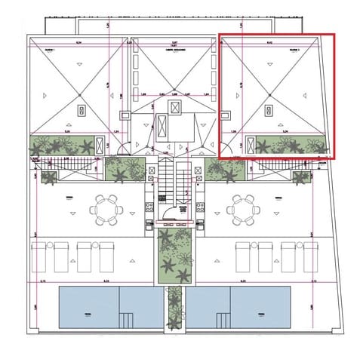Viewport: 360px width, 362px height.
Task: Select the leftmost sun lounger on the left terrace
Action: coord(39,256)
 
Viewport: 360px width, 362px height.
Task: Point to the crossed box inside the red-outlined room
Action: coord(269,110)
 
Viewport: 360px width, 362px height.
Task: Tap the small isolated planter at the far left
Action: coord(49,178)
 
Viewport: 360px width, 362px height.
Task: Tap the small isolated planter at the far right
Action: coord(302,178)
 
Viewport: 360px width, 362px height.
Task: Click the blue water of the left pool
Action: coord(87,309)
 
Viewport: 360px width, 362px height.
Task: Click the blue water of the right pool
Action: coord(260,309)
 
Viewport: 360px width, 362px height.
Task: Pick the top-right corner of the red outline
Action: coord(334,33)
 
